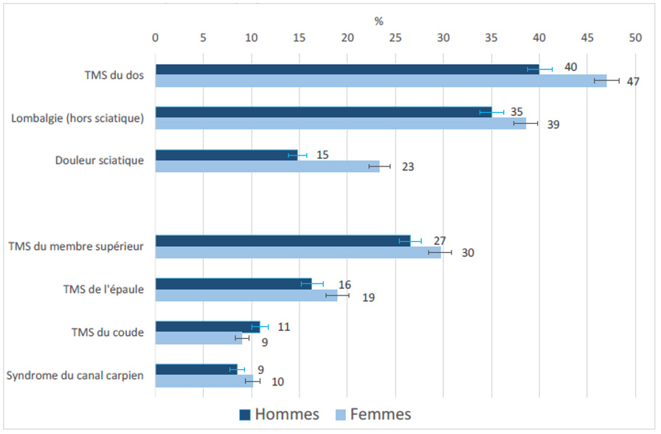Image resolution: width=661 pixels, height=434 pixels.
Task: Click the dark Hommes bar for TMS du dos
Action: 347,69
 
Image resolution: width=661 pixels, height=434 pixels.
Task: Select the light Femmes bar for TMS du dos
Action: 380,81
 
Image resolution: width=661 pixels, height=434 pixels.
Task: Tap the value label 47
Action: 633,82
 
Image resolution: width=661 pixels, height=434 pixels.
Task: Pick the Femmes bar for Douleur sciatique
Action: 267,167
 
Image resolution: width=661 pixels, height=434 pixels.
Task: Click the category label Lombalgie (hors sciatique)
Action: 77,118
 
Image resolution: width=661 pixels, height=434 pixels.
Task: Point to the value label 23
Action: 408,167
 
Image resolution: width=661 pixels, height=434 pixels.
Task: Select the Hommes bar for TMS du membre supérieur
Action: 283,241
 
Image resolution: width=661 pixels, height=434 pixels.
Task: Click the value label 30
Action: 468,253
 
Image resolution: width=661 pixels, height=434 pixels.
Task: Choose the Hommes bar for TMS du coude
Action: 207,326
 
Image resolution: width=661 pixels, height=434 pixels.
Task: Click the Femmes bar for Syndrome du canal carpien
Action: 204,380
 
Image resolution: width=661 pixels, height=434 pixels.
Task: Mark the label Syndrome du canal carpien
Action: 75,376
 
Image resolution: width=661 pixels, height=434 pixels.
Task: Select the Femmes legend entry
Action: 373,414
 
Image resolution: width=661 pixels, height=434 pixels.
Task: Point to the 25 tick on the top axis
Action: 395,37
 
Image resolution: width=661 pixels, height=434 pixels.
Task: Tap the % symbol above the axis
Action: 378,21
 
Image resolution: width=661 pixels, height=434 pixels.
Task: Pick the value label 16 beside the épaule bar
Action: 345,285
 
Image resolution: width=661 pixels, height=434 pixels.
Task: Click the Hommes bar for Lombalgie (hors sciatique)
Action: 323,112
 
